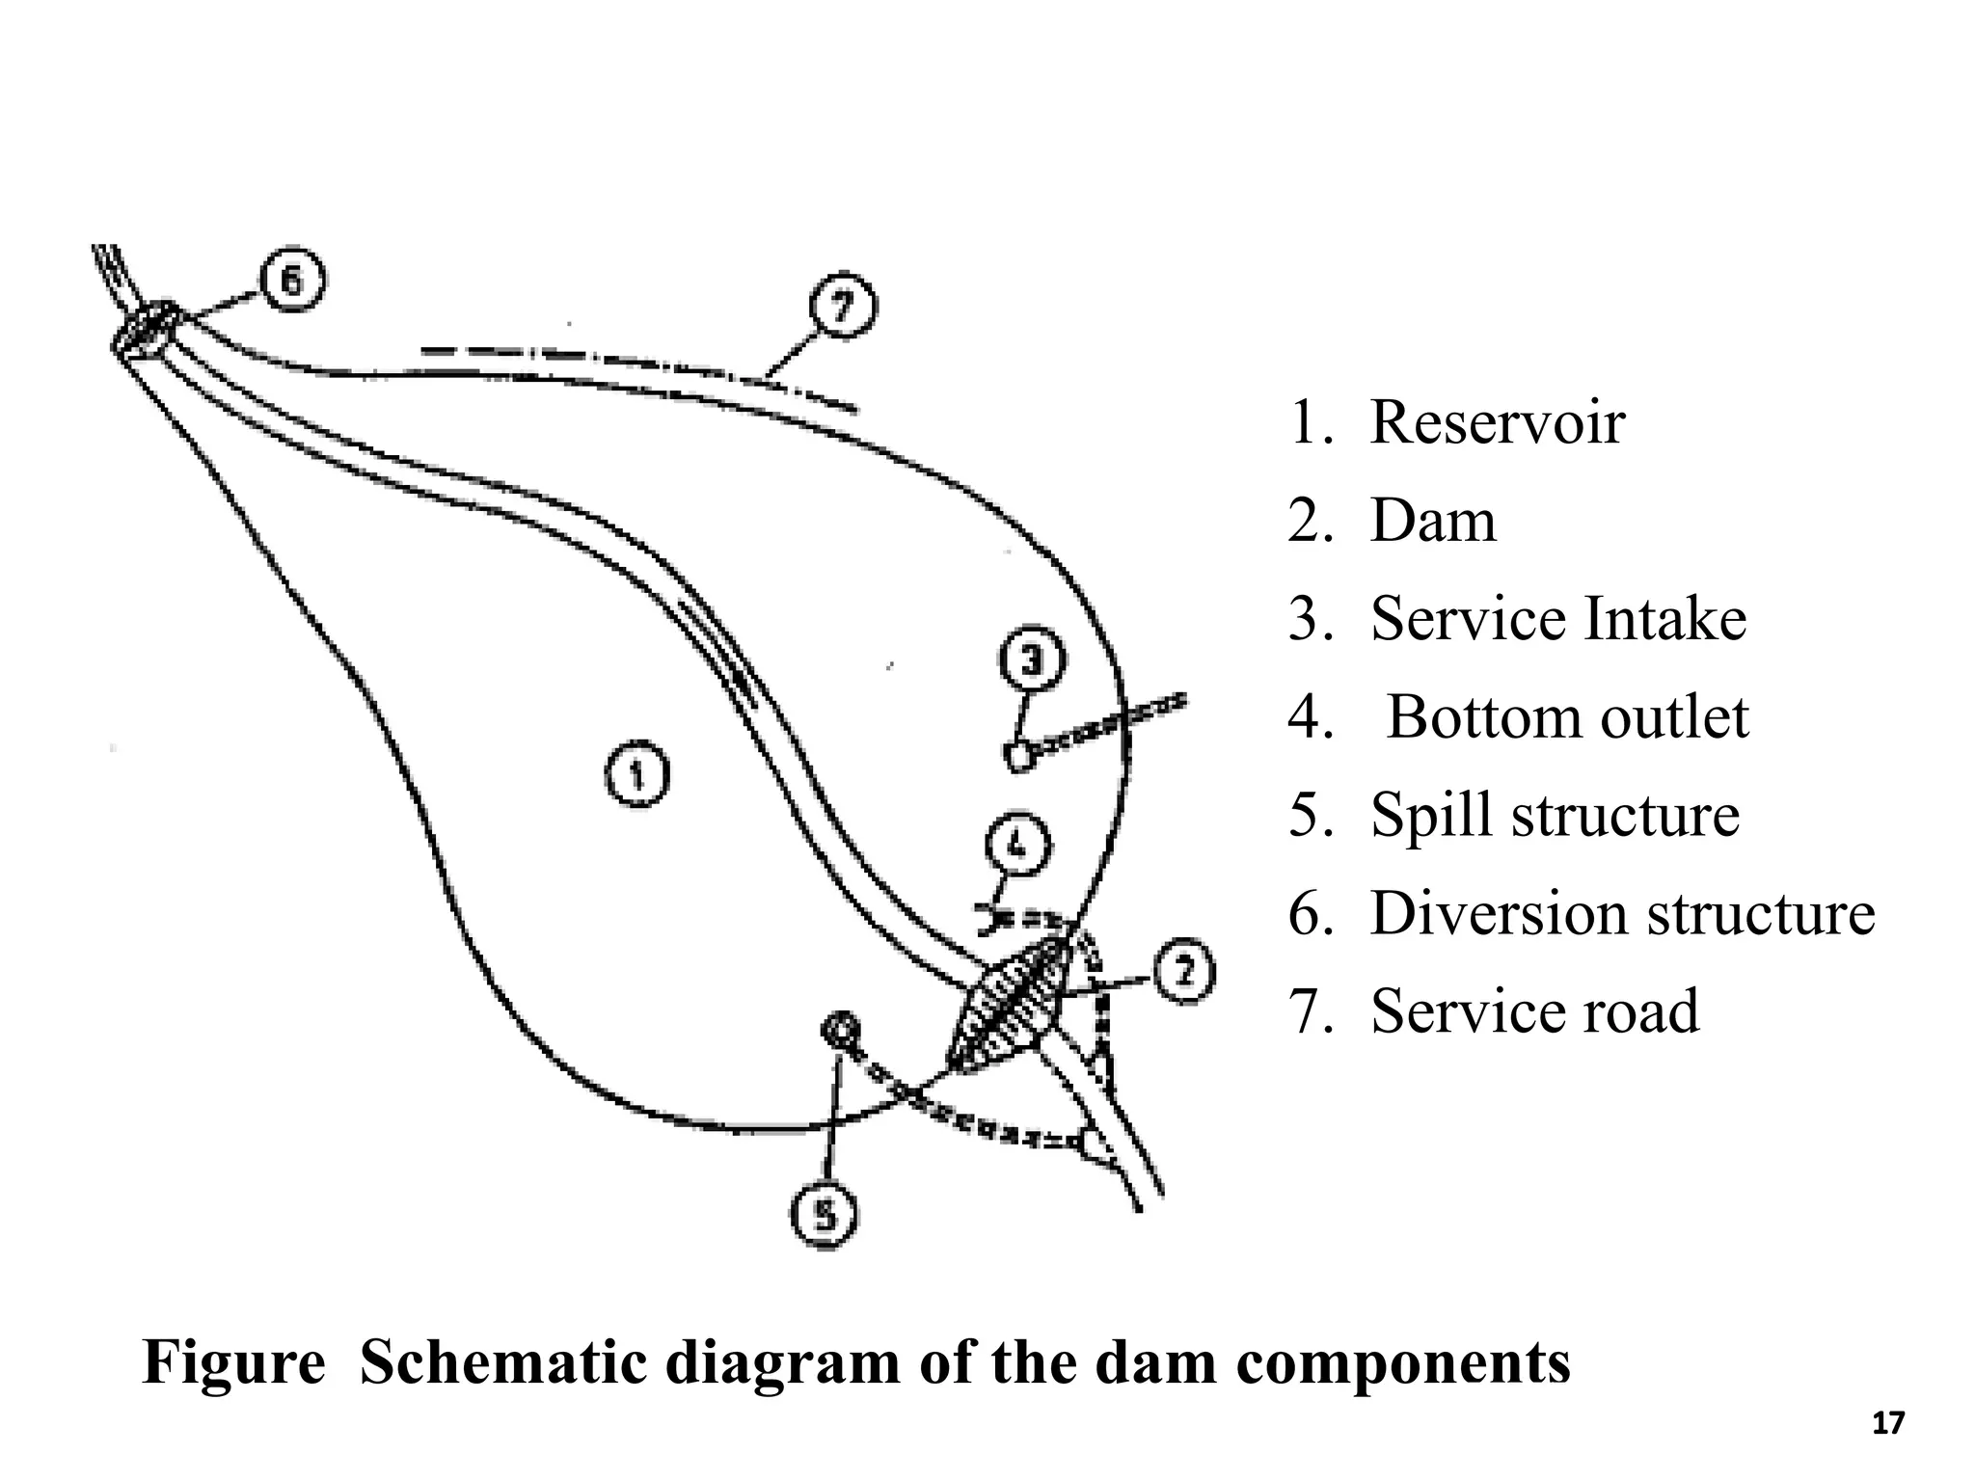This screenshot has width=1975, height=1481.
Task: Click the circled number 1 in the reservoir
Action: (637, 774)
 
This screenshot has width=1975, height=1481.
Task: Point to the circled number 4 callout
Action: (1018, 846)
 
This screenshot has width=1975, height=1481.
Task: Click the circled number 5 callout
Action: (825, 1216)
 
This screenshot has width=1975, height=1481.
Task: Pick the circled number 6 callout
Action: (292, 281)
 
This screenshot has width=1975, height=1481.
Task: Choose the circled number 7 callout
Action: (842, 307)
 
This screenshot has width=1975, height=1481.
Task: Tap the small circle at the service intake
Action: (1017, 755)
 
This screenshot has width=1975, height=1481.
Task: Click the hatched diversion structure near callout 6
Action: (147, 328)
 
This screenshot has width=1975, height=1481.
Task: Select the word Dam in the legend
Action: (1433, 521)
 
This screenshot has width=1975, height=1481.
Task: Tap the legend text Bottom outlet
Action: (1567, 717)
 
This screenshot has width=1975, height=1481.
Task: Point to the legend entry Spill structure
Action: (1554, 816)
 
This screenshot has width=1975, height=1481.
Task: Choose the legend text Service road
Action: (1533, 1011)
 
